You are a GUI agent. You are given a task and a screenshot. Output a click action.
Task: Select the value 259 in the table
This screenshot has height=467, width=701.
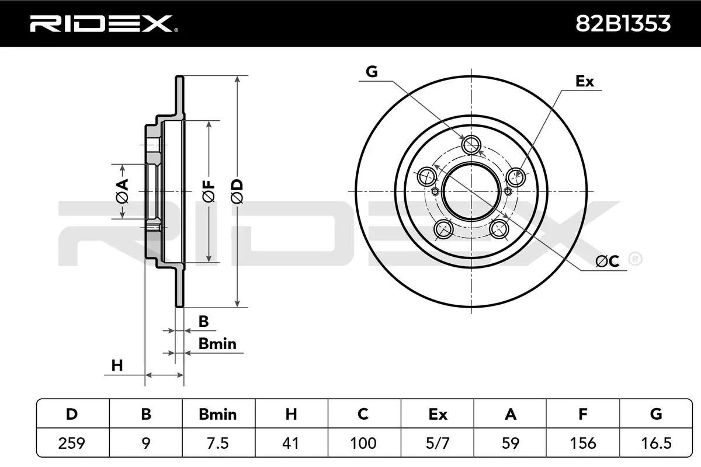(x=72, y=444)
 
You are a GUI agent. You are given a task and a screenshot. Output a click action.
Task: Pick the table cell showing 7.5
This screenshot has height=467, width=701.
(x=218, y=444)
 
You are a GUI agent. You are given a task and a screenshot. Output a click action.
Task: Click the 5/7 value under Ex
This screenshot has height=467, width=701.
(x=437, y=444)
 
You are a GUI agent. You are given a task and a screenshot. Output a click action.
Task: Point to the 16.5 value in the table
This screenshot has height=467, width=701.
(x=655, y=444)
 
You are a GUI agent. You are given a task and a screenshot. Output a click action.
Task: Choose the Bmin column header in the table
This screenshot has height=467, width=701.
(x=218, y=414)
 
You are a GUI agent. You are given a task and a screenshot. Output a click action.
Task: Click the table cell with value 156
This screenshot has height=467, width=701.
(x=582, y=444)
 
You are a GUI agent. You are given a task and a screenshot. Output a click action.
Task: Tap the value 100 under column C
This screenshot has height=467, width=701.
(x=363, y=444)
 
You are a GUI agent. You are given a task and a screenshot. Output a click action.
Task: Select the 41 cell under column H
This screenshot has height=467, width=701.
(x=290, y=444)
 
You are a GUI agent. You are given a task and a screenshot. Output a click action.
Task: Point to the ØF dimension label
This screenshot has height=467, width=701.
(x=209, y=191)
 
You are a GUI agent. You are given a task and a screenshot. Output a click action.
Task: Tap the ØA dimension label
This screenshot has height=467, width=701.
(x=122, y=191)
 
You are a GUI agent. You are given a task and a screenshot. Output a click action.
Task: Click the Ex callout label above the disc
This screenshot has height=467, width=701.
(x=584, y=81)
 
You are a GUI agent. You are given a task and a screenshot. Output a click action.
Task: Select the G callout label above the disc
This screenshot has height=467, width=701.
(x=372, y=72)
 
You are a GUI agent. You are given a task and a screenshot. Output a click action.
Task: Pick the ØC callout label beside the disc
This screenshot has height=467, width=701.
(x=607, y=262)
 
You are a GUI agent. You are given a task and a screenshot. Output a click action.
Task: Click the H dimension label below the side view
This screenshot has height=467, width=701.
(x=117, y=365)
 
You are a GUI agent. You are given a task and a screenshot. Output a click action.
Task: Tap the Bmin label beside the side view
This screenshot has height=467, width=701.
(x=217, y=344)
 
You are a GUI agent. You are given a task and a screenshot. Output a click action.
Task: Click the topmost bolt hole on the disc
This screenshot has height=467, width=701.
(x=471, y=143)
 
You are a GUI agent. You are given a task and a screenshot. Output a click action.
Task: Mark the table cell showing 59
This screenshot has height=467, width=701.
(x=510, y=444)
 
